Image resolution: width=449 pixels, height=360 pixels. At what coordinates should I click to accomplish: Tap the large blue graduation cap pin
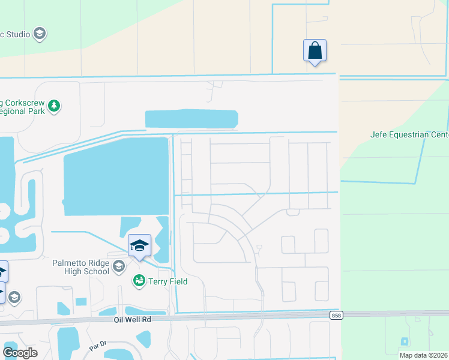(139, 246)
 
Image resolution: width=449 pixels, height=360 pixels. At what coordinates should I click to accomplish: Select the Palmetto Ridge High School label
(80, 267)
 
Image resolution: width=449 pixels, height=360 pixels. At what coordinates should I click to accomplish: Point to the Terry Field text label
(169, 281)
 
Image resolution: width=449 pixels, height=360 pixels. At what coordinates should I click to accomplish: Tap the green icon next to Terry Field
(139, 281)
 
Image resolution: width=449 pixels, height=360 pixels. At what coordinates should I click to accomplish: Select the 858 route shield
(336, 316)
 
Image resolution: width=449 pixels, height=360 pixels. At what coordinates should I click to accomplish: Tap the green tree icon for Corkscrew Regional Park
(54, 106)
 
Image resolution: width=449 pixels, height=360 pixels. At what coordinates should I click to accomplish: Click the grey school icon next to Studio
(40, 33)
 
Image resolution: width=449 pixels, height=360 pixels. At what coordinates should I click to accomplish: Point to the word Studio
(16, 34)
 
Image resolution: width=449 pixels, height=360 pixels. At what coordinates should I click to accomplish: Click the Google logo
(19, 352)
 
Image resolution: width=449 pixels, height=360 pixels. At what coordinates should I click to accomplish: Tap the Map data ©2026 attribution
(423, 355)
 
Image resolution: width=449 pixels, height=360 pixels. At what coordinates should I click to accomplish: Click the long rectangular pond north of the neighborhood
(191, 119)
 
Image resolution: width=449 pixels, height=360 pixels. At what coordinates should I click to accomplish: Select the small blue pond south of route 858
(405, 341)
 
